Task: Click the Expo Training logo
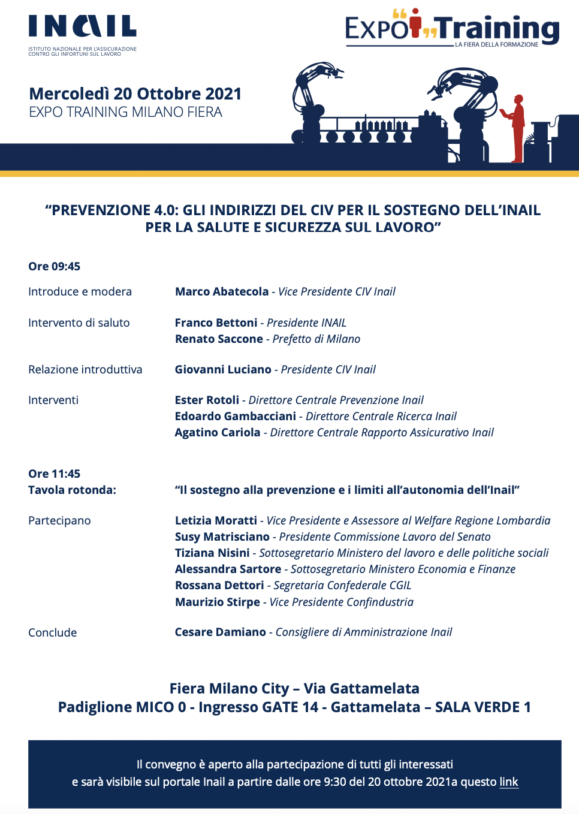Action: click(452, 29)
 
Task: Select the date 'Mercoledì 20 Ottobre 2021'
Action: click(135, 94)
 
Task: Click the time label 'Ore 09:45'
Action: click(54, 267)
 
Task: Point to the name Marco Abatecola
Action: click(222, 292)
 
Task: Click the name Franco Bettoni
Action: click(216, 323)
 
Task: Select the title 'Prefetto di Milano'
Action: click(316, 339)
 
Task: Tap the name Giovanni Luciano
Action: click(223, 370)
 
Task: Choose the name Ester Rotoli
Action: click(207, 400)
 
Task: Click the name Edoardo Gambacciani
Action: click(236, 417)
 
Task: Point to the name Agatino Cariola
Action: click(218, 433)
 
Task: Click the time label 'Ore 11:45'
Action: click(54, 474)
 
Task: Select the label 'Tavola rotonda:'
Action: click(72, 490)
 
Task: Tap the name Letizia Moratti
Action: click(216, 521)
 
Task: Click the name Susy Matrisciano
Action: click(222, 537)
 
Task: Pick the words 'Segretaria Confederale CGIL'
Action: click(342, 586)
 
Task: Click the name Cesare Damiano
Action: click(221, 632)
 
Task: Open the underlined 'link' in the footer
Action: click(508, 782)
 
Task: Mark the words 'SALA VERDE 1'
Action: click(483, 707)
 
